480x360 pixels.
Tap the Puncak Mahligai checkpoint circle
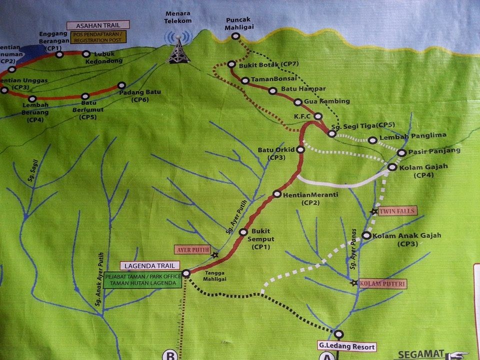point(235,36)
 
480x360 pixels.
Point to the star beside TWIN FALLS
point(374,211)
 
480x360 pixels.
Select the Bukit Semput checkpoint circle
point(243,232)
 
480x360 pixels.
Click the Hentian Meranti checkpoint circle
point(276,193)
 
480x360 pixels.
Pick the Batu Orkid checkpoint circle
point(300,149)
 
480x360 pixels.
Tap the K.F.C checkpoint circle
point(317,116)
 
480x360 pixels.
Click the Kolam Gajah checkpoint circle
point(392,167)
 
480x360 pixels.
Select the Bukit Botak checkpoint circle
point(231,64)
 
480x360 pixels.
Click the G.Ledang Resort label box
point(345,345)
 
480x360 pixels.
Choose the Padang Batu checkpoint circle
point(120,85)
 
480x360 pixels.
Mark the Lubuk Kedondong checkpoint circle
point(85,53)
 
